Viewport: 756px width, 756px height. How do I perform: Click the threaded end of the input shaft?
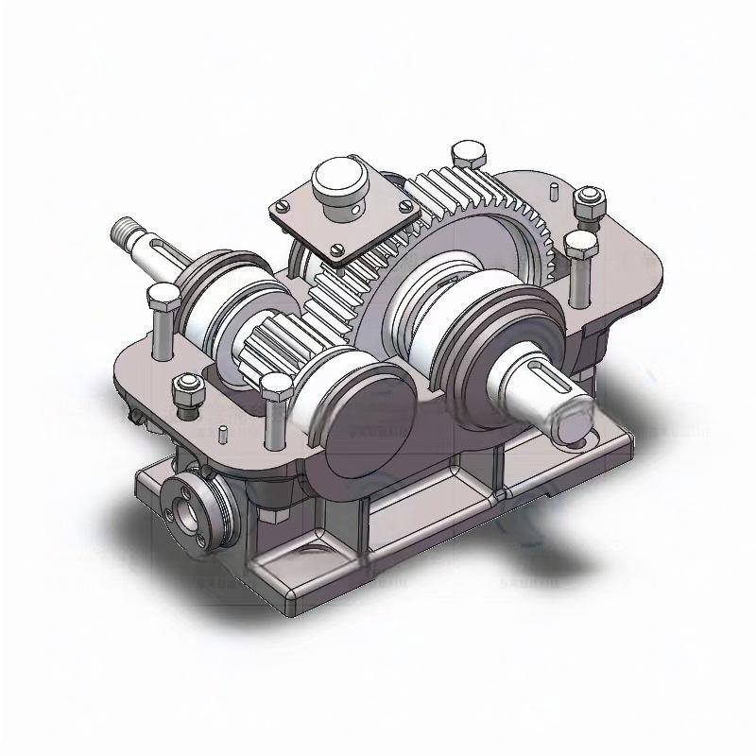click(x=126, y=230)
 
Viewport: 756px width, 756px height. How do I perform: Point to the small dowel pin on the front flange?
click(x=221, y=434)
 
